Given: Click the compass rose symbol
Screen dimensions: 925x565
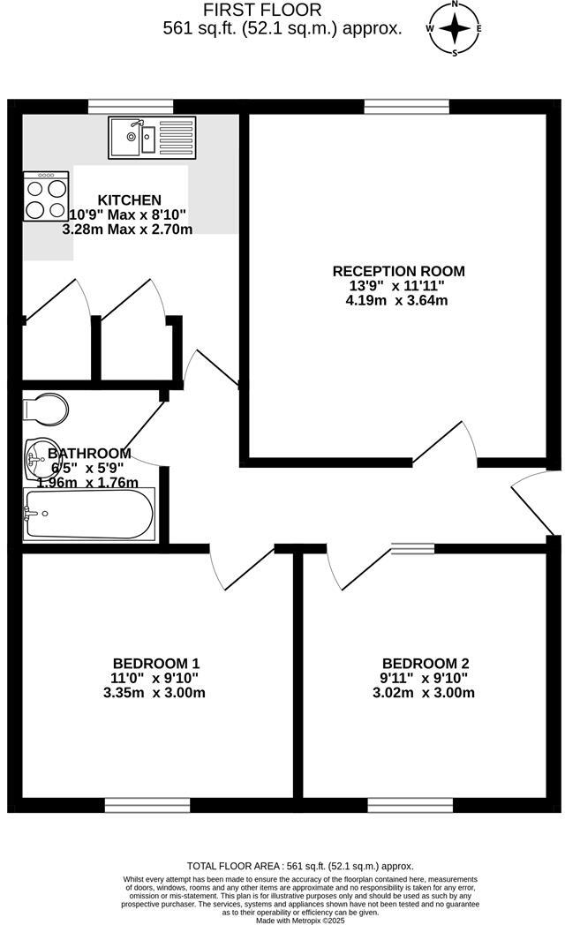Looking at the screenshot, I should pos(455,27).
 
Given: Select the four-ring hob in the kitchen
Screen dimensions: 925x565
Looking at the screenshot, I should pos(47,197).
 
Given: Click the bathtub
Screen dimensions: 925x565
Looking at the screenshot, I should pos(88,514).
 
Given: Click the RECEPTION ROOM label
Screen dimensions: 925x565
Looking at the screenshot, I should pos(398,271).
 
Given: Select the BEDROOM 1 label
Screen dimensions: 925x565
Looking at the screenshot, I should pos(156,664).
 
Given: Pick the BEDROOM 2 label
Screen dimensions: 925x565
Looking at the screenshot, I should pos(426,664).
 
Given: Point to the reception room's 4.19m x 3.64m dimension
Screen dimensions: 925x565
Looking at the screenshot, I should pos(398,300).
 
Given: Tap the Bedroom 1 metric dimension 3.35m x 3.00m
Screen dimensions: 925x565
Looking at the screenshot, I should pos(154,693).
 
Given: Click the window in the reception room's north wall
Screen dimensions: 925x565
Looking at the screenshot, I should pos(405,107).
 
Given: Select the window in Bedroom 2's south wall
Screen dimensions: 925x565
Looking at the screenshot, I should pos(411,804).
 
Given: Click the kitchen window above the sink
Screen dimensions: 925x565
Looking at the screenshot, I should pos(131,107).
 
